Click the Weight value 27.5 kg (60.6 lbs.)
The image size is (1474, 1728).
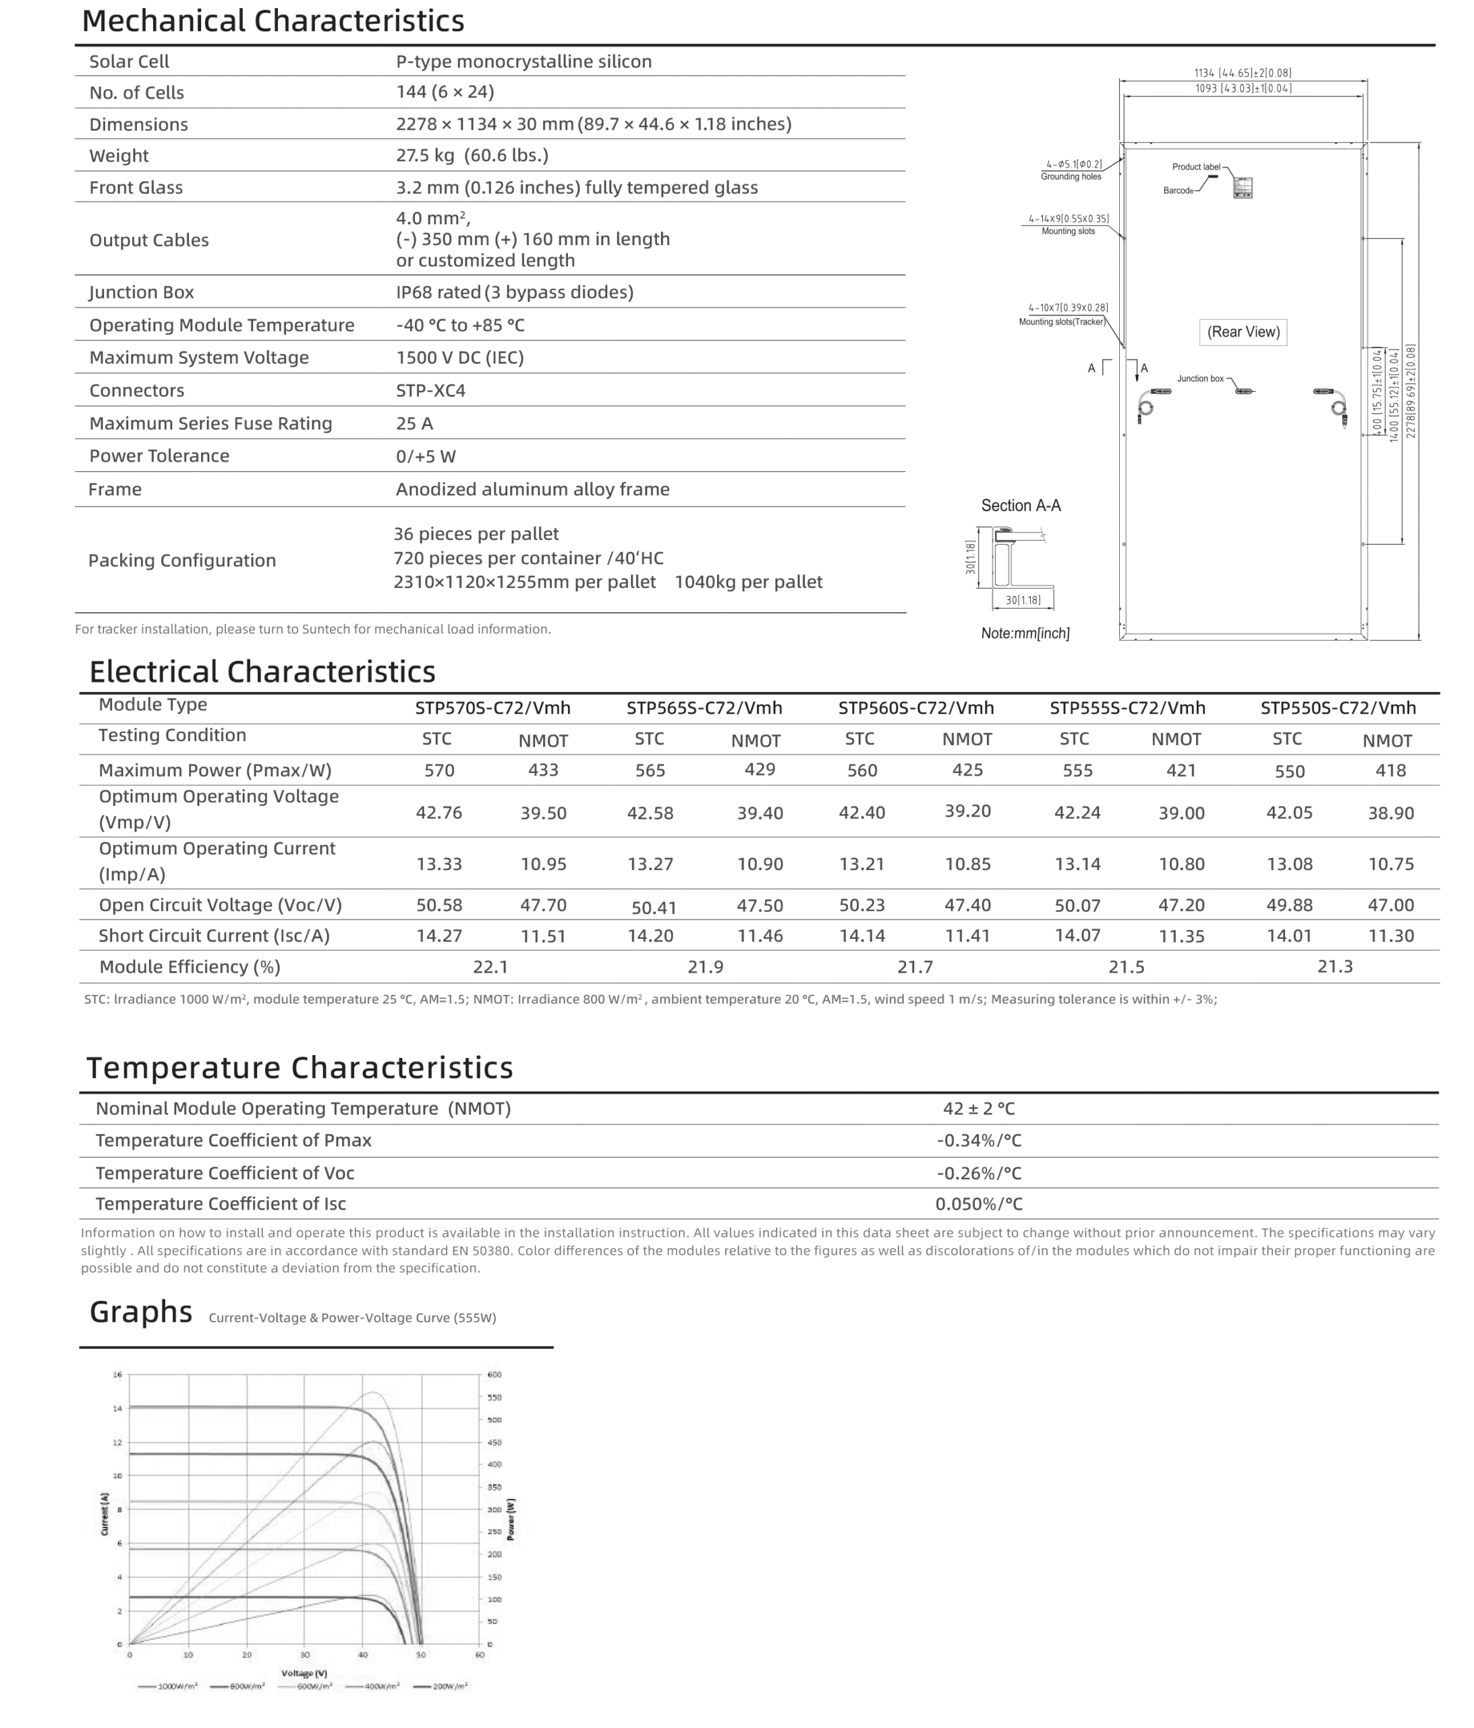(472, 156)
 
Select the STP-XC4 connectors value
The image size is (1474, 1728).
(430, 390)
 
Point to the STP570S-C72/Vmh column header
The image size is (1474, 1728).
(492, 708)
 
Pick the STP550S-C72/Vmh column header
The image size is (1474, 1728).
(1337, 708)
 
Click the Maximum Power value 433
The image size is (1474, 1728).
(543, 769)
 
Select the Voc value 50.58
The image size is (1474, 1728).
(438, 905)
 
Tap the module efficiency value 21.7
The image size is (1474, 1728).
(915, 967)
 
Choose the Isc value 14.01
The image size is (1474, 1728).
(1289, 936)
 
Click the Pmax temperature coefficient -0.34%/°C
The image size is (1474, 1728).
(979, 1140)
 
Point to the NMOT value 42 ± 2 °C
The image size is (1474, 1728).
(979, 1108)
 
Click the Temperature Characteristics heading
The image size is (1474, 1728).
(300, 1067)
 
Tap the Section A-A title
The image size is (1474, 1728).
(1021, 506)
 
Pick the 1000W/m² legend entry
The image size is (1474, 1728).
(169, 1685)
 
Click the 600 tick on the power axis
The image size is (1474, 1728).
(494, 1374)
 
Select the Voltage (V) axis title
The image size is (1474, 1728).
(304, 1673)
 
